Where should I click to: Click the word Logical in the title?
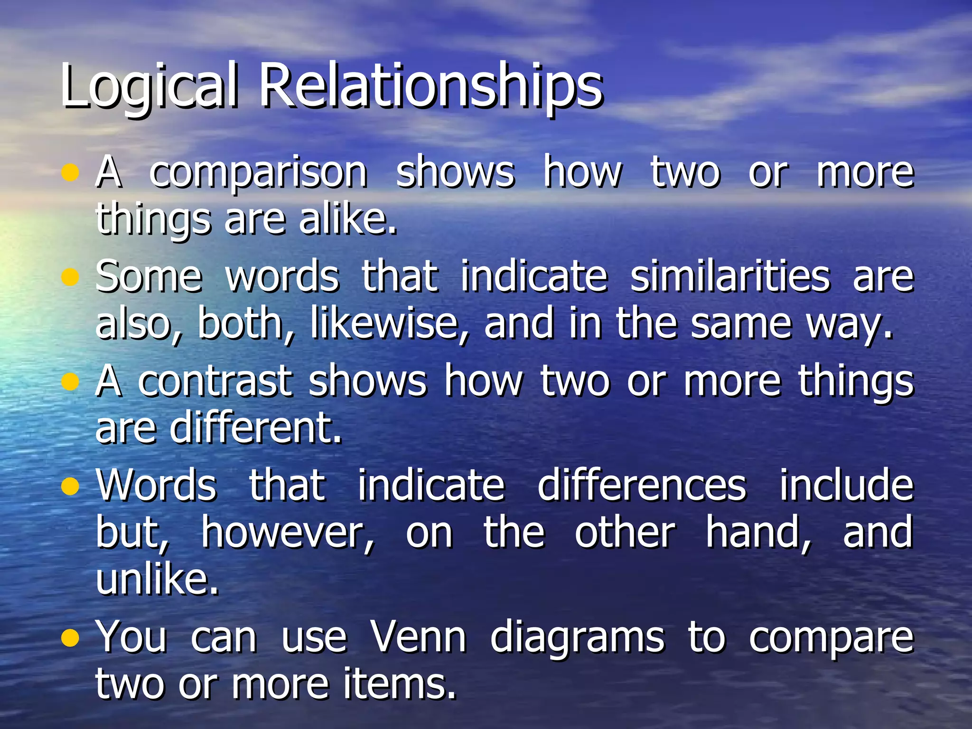coord(149,85)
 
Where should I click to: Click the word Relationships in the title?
coord(430,85)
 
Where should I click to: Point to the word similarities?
coord(730,276)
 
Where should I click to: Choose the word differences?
coord(642,485)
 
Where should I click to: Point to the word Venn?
coord(418,637)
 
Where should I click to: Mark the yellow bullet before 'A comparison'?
coord(70,173)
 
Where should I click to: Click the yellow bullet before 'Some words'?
coord(70,277)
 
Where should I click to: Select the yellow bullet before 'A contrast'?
coord(70,382)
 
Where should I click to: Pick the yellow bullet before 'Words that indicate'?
coord(70,486)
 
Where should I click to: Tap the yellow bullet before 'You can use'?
coord(70,638)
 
